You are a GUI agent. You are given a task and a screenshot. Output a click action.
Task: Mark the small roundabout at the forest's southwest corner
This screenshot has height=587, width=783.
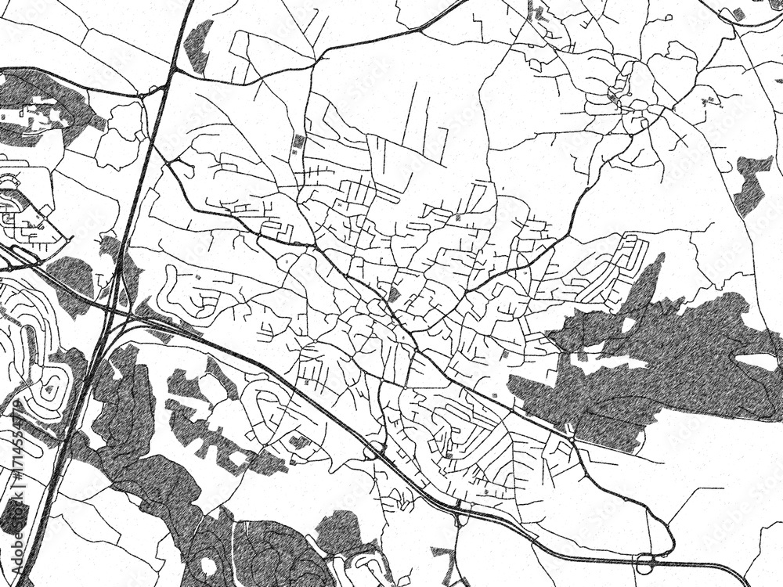pos(568,430)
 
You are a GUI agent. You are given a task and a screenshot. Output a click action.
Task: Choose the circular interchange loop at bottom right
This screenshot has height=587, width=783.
pos(647,561)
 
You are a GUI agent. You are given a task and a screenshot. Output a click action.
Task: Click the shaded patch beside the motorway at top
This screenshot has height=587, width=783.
pos(199,47)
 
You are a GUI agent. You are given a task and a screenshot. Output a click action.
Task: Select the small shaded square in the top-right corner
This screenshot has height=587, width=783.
pos(738,13)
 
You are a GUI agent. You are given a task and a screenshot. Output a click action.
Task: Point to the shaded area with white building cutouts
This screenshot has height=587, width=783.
pos(39,110)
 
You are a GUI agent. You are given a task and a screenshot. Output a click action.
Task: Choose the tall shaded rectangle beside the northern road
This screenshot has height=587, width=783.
pos(298,144)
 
